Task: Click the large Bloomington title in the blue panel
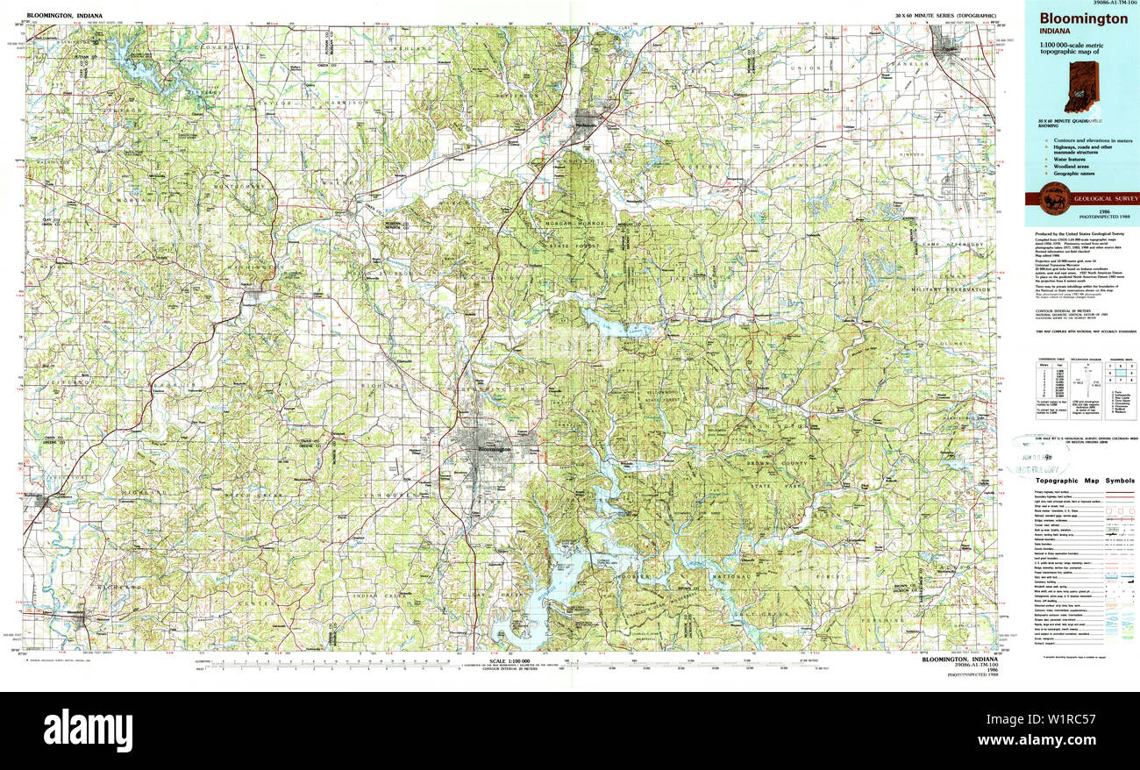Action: pos(1083,18)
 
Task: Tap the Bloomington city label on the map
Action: pos(493,449)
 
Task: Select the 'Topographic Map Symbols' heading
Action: pos(1084,481)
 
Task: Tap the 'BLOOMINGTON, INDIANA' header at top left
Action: pos(64,16)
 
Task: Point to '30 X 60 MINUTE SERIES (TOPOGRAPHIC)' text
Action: pos(945,16)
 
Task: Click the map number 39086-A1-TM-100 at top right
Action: pos(1108,4)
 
